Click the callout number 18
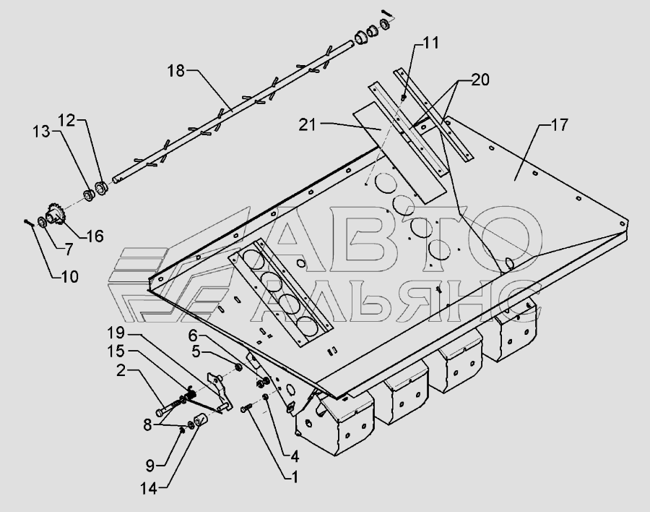[176, 71]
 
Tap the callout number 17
[560, 124]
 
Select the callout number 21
[307, 124]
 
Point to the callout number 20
[480, 80]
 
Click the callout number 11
[431, 43]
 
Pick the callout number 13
[41, 132]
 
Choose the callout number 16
[95, 236]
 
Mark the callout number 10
[69, 276]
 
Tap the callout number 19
[116, 333]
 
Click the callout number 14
[149, 489]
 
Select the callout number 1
[295, 477]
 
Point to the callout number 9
[149, 466]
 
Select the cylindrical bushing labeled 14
[201, 420]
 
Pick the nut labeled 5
[238, 367]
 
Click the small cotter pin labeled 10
[29, 223]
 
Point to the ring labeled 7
[43, 222]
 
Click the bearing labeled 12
[102, 187]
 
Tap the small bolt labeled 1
[246, 409]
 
